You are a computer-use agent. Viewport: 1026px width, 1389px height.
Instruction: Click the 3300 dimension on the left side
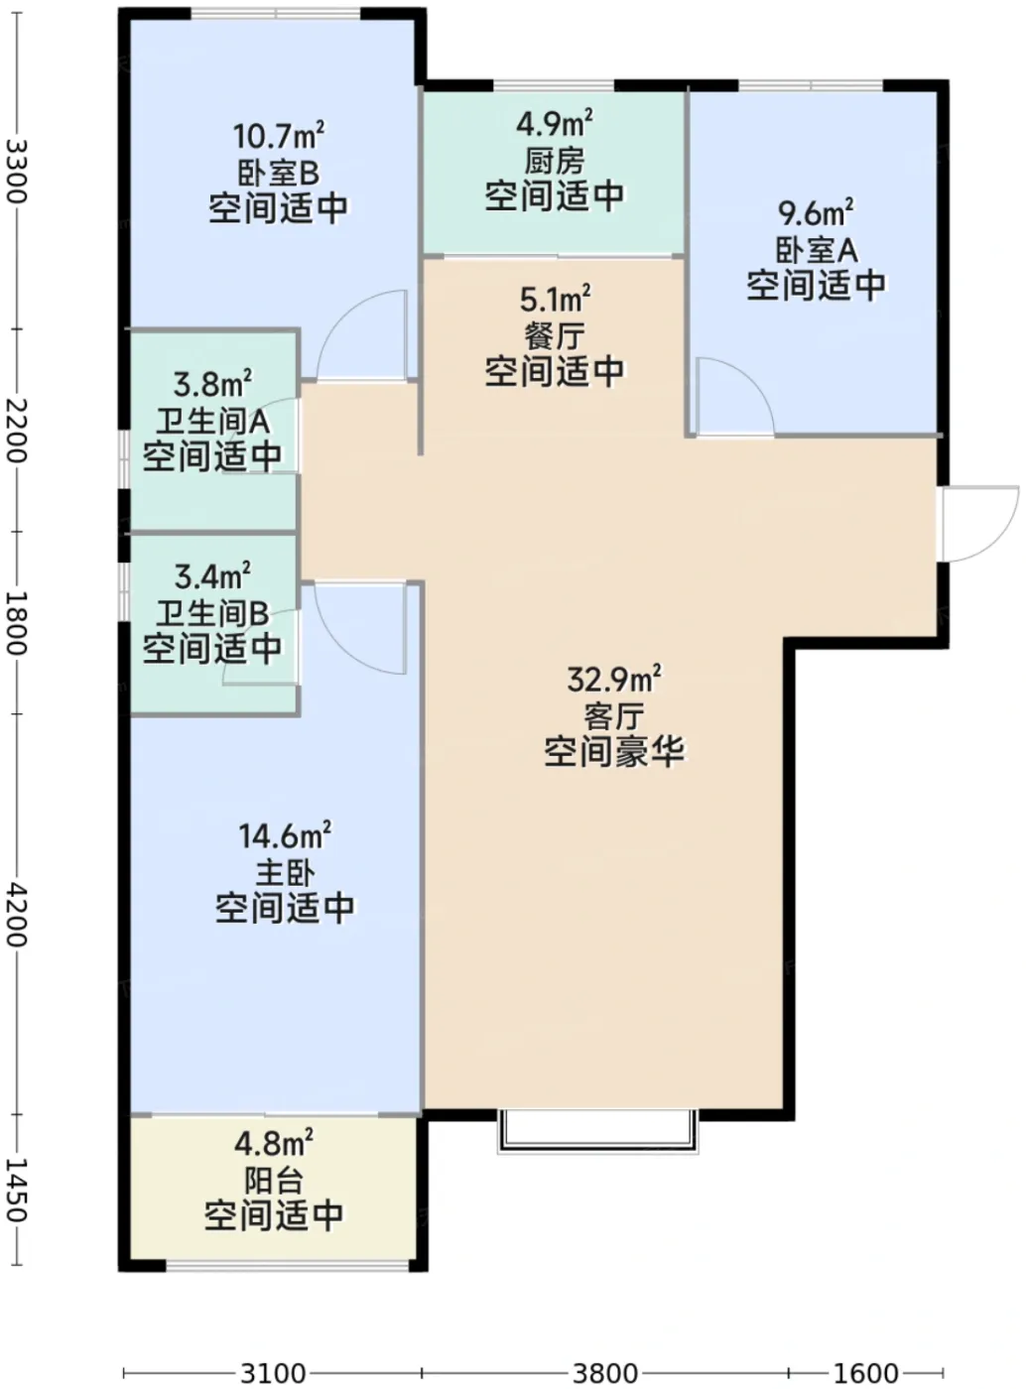click(16, 171)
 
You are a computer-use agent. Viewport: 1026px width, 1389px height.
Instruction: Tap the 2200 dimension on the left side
click(16, 431)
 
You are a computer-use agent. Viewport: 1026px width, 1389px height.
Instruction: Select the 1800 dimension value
click(16, 622)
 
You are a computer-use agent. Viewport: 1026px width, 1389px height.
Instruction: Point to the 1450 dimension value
click(16, 1190)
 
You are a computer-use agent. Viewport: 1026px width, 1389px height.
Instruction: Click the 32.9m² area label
click(614, 679)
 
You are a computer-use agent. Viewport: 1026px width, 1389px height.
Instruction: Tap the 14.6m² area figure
click(285, 835)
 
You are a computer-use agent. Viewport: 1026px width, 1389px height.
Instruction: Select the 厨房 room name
click(554, 161)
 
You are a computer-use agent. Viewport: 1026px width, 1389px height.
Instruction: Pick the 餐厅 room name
click(554, 337)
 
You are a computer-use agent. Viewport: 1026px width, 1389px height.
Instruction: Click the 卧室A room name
click(817, 250)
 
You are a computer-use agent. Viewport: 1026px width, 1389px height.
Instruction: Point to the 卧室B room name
click(278, 173)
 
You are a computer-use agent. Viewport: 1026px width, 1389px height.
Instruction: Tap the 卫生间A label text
click(212, 422)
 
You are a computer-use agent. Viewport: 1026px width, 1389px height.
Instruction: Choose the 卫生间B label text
click(212, 613)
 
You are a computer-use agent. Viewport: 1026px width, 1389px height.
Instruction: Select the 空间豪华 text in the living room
click(614, 751)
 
